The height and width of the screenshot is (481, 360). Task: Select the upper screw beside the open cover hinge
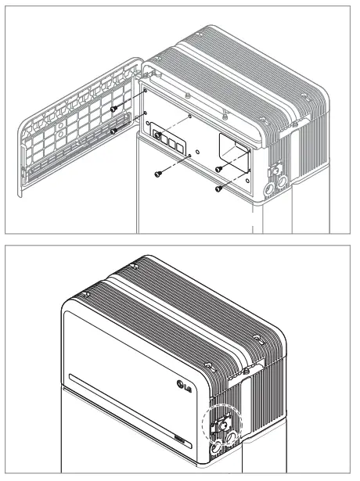pos(114,109)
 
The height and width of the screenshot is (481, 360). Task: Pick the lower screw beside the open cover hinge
pos(114,131)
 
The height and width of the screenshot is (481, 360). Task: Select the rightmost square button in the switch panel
pos(182,145)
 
